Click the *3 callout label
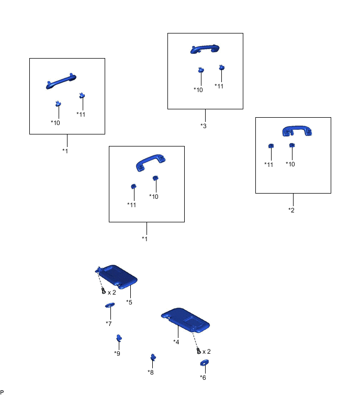pos(204,126)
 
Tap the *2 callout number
pos(291,210)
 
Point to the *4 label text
pos(176,342)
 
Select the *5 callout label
pos(129,302)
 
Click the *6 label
pos(203,377)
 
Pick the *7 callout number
pos(109,323)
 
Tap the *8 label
pos(150,372)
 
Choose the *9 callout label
pos(117,353)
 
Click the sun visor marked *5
pos(117,276)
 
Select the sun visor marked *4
pos(186,320)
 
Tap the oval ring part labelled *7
pos(110,305)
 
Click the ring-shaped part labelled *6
pos(204,363)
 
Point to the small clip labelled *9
pos(119,338)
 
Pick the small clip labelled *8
pos(153,357)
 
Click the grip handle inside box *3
pos(205,49)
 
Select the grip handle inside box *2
pos(297,131)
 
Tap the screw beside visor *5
pos(104,291)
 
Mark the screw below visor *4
pos(198,351)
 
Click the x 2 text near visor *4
pos(207,352)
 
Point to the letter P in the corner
pos(2,392)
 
